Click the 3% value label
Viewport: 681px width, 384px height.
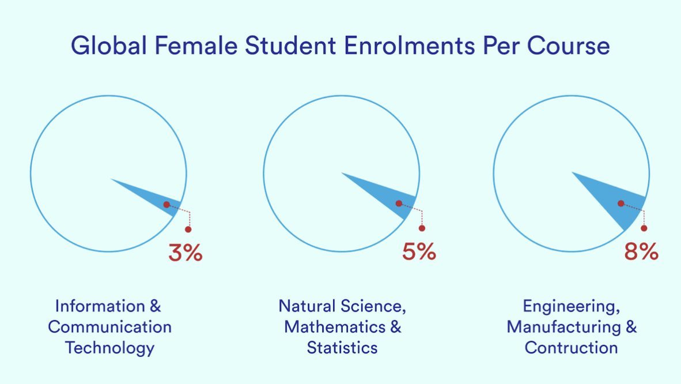(x=185, y=253)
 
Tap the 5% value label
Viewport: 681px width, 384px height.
(x=419, y=251)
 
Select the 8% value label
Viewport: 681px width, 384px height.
(x=641, y=251)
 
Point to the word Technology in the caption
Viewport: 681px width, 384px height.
(x=109, y=348)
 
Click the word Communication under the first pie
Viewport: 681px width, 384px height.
(x=109, y=327)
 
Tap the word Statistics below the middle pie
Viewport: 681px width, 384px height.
(x=342, y=348)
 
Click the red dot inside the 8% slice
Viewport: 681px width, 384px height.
(x=621, y=204)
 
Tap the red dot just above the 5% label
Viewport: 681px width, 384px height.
(x=422, y=228)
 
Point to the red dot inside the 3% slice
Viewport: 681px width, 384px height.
(x=166, y=205)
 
